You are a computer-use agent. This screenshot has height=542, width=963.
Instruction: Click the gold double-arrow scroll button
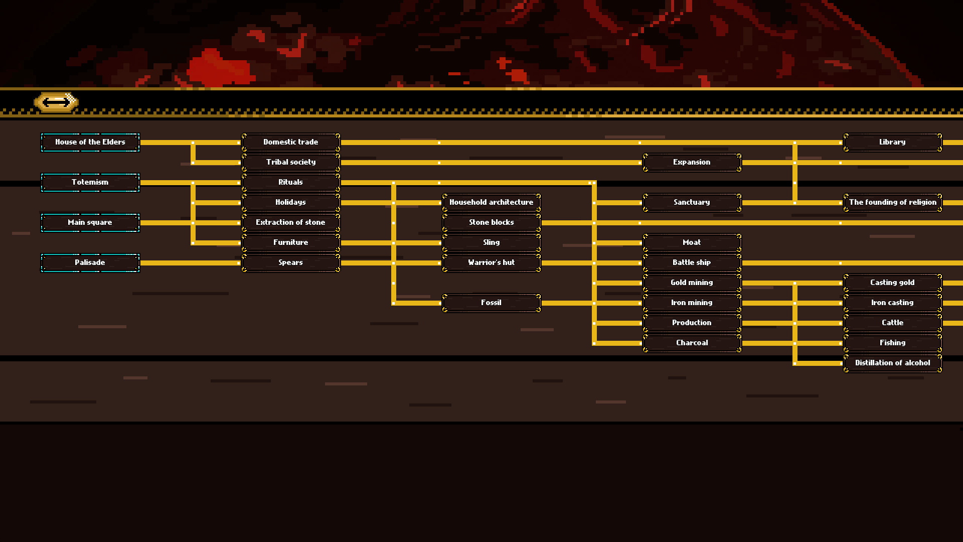(56, 102)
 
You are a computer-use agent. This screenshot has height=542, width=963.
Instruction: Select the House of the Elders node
(90, 142)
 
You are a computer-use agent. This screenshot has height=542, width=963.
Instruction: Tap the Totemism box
(90, 182)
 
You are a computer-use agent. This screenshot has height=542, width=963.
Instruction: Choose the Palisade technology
(90, 262)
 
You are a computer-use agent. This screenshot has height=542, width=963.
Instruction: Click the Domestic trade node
(291, 142)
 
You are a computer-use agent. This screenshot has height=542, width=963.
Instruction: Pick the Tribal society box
(291, 162)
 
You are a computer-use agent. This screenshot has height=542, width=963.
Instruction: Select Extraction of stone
(291, 222)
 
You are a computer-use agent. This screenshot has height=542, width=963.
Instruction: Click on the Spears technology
(291, 262)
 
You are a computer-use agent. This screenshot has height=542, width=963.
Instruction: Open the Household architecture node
(492, 202)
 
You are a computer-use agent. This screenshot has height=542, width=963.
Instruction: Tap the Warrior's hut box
(492, 262)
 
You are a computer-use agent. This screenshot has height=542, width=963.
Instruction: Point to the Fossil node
(492, 303)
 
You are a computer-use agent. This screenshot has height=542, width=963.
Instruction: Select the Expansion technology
(692, 162)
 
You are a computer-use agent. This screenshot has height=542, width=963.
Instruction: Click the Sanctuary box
(692, 202)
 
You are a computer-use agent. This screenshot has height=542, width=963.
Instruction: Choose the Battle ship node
(692, 262)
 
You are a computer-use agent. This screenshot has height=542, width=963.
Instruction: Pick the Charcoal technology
(692, 343)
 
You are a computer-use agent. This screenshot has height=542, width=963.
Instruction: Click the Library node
(893, 142)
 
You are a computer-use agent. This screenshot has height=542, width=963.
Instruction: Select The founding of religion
(893, 202)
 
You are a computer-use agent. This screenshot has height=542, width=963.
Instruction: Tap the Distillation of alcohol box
(893, 363)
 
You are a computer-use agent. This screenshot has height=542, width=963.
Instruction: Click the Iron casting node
(893, 303)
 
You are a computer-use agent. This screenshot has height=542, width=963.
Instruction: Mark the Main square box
(90, 222)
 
